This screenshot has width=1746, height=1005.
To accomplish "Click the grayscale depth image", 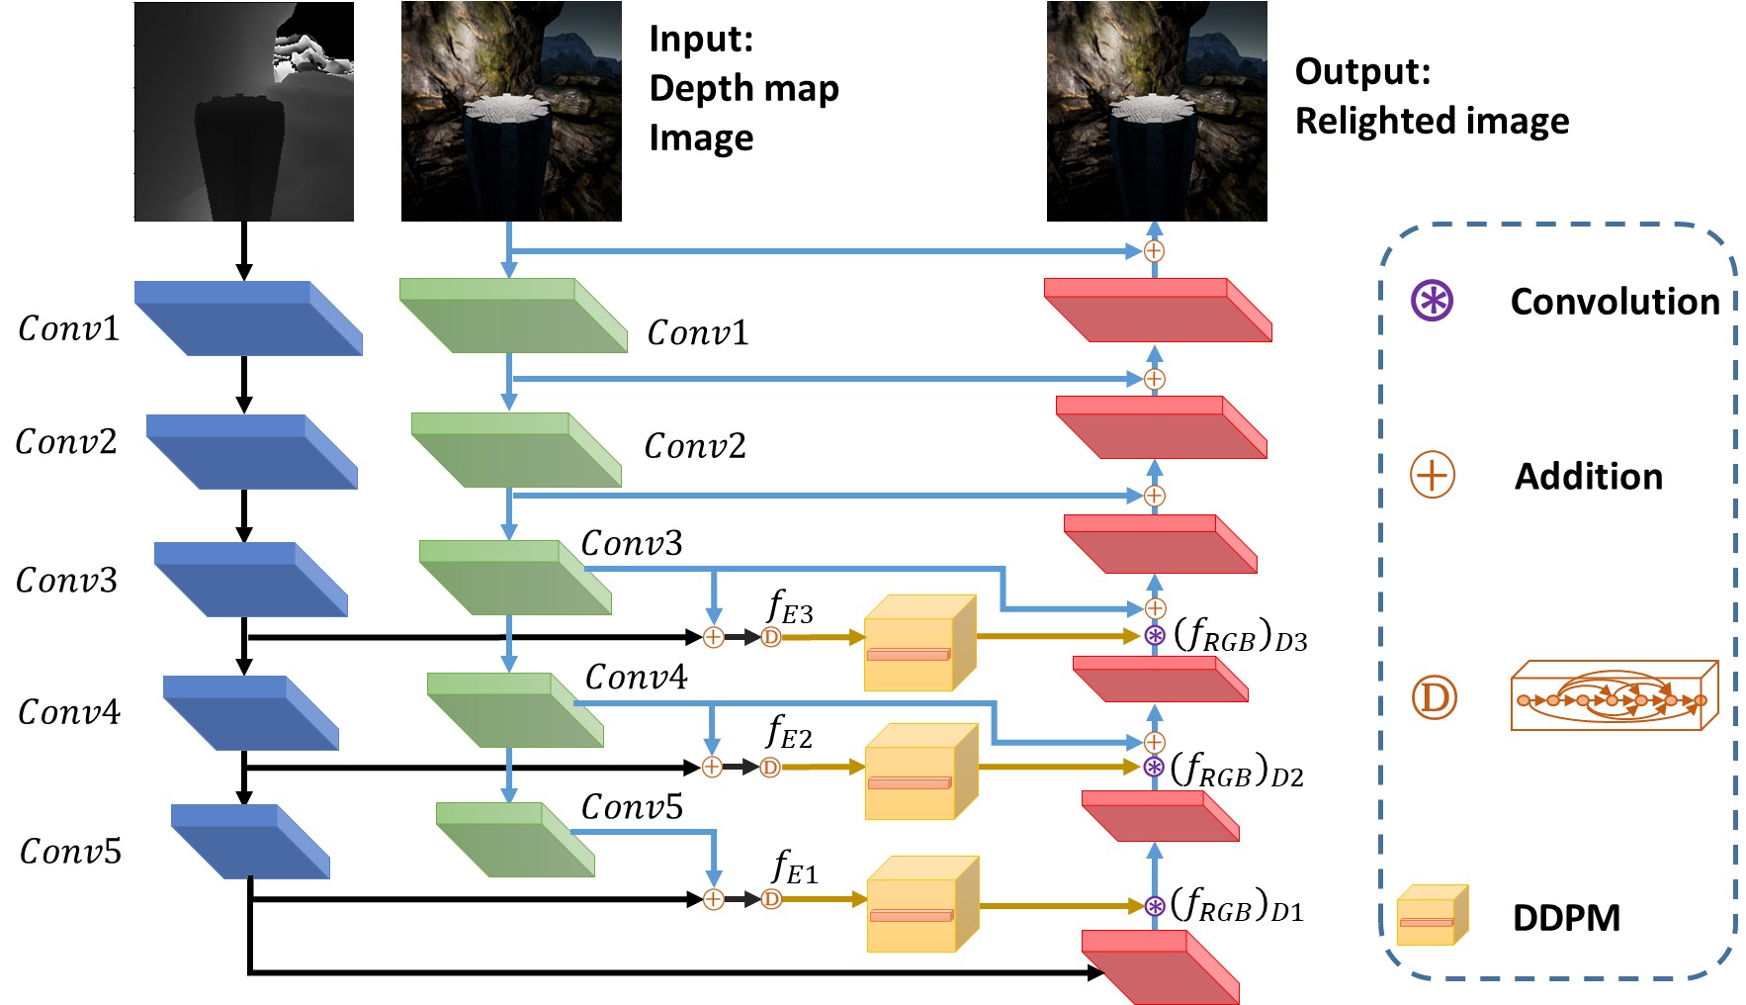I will [x=243, y=111].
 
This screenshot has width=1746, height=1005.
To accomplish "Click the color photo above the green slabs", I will [x=511, y=111].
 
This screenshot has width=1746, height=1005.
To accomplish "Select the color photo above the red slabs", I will [x=1157, y=111].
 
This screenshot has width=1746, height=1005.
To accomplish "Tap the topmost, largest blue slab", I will [x=248, y=319].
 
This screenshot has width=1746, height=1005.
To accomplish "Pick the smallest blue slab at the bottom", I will [x=250, y=842].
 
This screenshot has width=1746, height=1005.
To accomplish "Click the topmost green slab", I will [x=513, y=316].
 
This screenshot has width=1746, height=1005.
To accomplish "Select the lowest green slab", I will [x=515, y=840].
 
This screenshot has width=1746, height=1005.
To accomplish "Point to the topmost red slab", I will [x=1158, y=311].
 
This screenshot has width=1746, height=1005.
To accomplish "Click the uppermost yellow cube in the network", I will [x=919, y=643].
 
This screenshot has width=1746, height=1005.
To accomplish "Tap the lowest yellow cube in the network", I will [x=922, y=904].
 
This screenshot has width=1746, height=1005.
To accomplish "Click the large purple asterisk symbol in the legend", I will [x=1432, y=301].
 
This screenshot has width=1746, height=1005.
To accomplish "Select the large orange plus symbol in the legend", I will [x=1432, y=475].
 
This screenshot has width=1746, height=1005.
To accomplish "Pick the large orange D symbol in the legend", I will [x=1434, y=697].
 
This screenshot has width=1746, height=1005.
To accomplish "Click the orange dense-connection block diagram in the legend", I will [x=1614, y=696].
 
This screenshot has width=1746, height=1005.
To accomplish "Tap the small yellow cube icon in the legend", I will [x=1432, y=916].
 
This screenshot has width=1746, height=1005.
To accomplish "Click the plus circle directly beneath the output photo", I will [x=1154, y=251].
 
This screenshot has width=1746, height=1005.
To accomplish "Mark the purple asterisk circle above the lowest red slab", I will [x=1155, y=906].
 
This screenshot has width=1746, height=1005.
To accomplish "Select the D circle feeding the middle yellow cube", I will [x=770, y=768].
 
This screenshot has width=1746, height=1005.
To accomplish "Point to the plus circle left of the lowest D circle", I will [x=714, y=899].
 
